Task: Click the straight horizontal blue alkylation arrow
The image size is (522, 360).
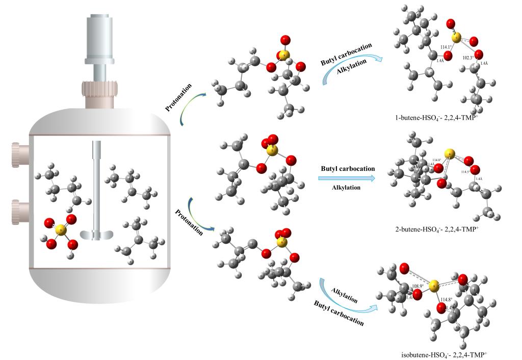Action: pos(347,178)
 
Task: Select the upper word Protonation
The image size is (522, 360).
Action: pos(178,97)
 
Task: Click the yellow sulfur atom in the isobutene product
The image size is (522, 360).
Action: pos(432,289)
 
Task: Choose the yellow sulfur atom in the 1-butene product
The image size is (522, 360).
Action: pos(457,37)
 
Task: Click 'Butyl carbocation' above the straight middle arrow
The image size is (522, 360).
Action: pos(348,168)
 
